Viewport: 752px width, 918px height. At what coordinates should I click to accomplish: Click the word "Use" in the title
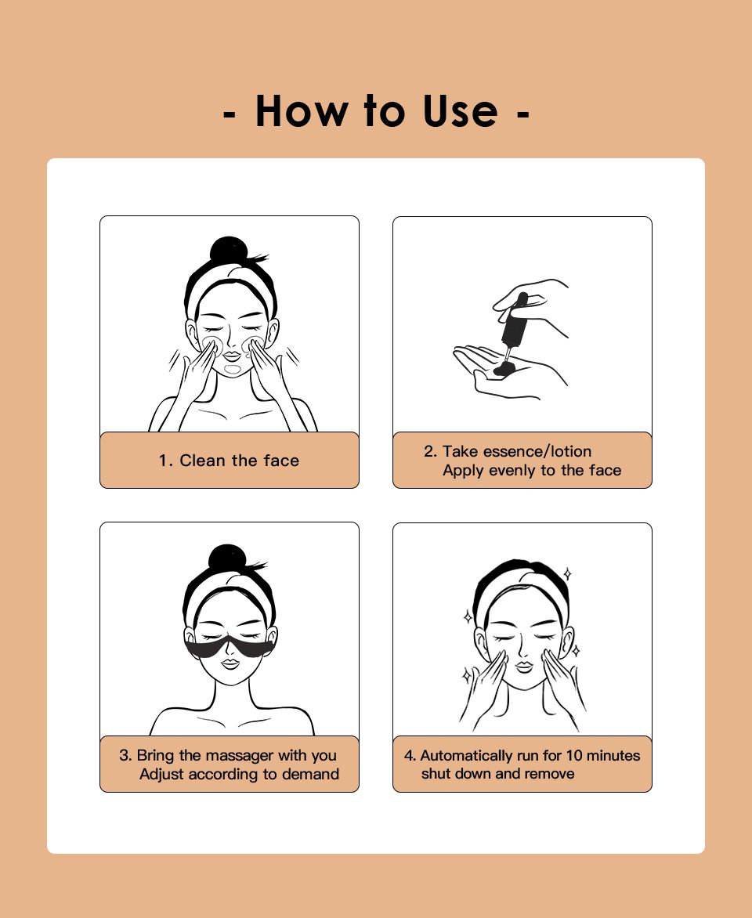[461, 110]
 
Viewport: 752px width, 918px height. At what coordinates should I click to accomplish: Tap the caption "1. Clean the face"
[229, 461]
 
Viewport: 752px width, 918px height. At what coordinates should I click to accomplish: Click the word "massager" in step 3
[240, 755]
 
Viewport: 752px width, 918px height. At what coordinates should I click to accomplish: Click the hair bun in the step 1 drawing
[229, 255]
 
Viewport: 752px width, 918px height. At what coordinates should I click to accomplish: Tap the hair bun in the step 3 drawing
[228, 562]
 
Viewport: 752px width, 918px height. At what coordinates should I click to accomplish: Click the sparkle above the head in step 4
[566, 574]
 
